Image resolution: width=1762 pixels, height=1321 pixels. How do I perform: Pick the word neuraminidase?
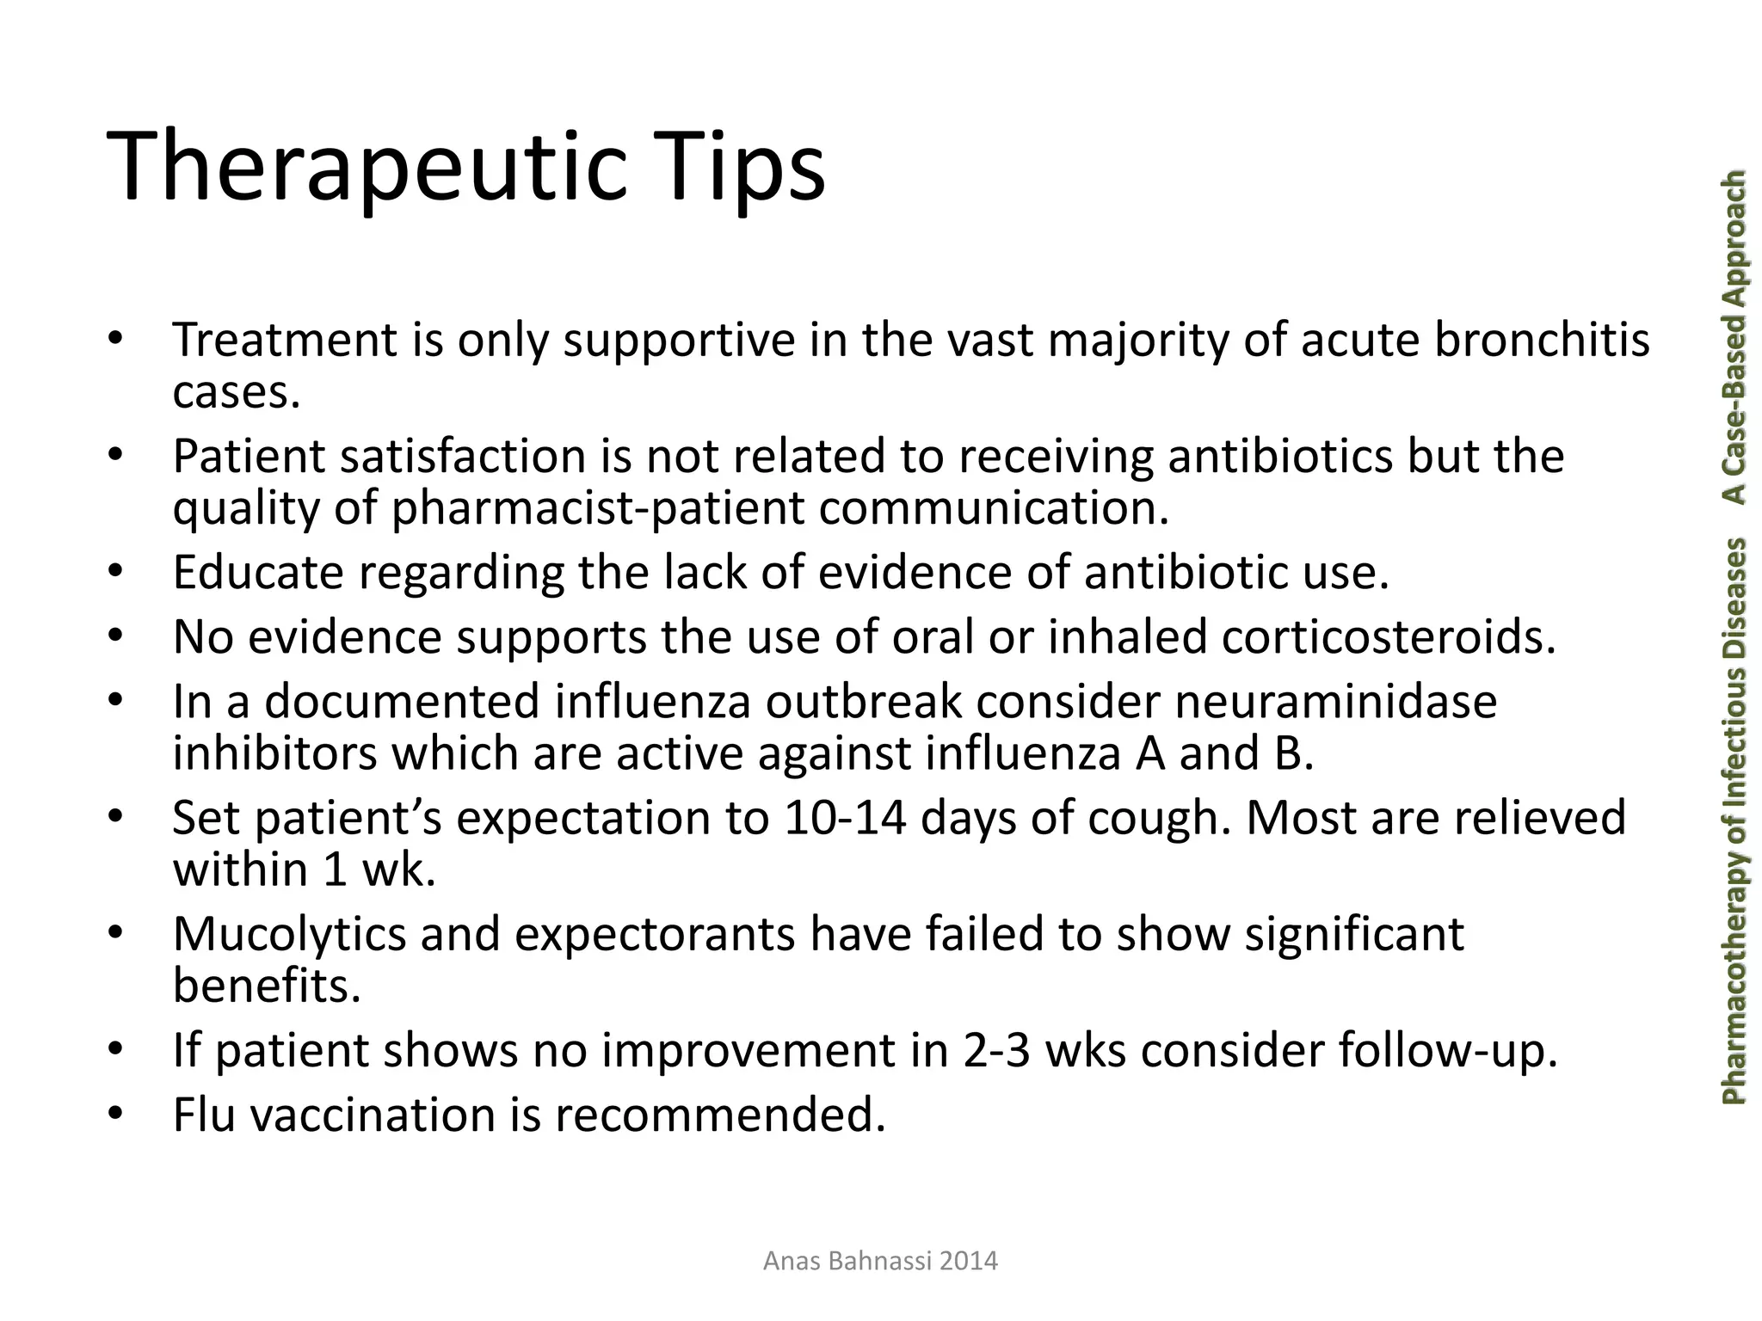pyautogui.click(x=1335, y=701)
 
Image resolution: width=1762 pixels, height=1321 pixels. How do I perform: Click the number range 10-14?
pyautogui.click(x=845, y=818)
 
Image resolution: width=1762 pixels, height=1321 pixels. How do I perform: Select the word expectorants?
pyautogui.click(x=655, y=935)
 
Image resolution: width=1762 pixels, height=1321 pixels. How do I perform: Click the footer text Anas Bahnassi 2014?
pyautogui.click(x=880, y=1262)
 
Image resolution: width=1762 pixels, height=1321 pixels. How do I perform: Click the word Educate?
pyautogui.click(x=258, y=573)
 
